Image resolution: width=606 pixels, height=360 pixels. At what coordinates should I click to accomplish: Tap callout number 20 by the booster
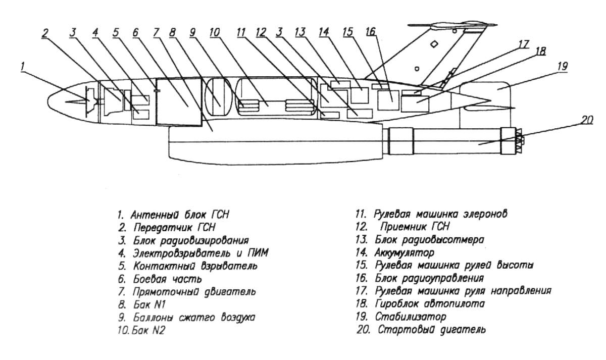tap(586, 120)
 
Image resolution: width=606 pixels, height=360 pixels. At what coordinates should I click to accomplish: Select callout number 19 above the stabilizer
tap(563, 66)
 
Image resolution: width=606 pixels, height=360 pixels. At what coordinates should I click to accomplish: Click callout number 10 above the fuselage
tap(215, 32)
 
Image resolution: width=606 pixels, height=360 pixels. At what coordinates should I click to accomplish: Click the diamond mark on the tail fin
tap(434, 44)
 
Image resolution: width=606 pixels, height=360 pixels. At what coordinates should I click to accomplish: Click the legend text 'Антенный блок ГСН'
tap(180, 215)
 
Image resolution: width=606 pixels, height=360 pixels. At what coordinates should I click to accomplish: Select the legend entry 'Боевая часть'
tap(168, 279)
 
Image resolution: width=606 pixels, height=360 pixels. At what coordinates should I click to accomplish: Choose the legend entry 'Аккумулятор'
tap(405, 253)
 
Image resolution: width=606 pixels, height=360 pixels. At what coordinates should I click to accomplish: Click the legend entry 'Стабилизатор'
tap(411, 317)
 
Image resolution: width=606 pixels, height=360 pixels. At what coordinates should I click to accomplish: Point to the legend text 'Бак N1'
tap(149, 304)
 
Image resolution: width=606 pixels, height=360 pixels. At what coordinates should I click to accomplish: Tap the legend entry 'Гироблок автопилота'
tap(430, 304)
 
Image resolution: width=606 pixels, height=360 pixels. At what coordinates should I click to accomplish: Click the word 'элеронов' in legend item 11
tap(485, 214)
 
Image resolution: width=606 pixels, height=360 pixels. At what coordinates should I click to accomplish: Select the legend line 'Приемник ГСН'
tap(415, 227)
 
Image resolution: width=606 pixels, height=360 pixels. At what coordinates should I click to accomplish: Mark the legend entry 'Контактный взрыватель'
tap(195, 266)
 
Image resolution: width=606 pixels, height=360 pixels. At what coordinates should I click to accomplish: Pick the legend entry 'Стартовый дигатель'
tap(431, 330)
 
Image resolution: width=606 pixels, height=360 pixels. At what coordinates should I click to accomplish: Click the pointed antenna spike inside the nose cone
tap(77, 101)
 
